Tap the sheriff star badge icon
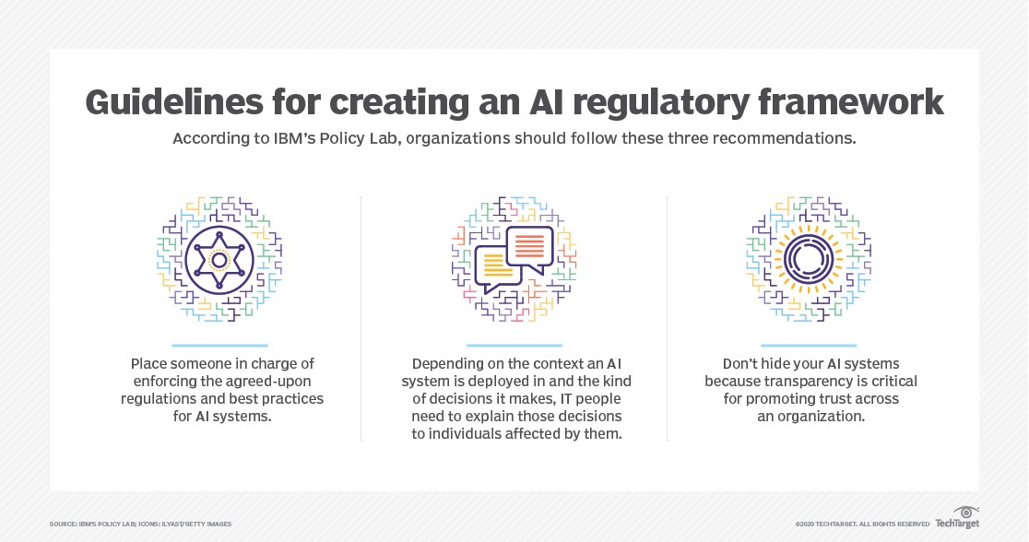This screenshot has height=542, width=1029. pyautogui.click(x=219, y=260)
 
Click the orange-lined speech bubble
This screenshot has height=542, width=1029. pyautogui.click(x=529, y=246)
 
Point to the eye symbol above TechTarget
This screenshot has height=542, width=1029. pyautogui.click(x=966, y=513)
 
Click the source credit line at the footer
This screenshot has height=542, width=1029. pyautogui.click(x=140, y=524)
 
